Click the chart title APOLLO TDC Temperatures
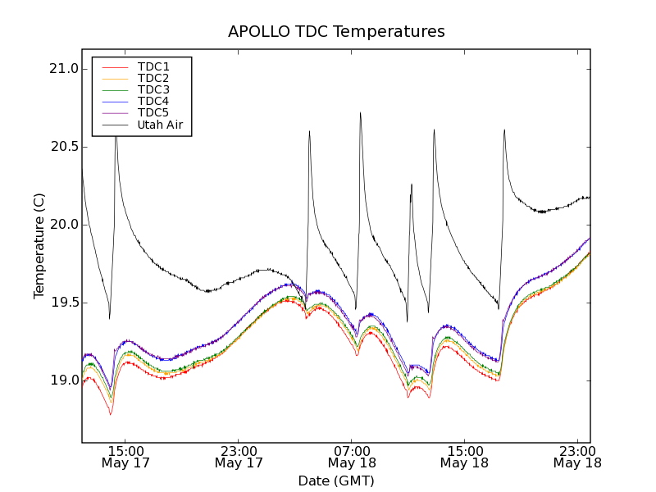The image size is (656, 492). pyautogui.click(x=336, y=32)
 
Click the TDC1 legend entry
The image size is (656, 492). pyautogui.click(x=153, y=66)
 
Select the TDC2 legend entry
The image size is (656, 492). pyautogui.click(x=153, y=78)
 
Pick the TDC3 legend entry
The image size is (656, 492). pyautogui.click(x=153, y=89)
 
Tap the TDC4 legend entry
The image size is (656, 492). pyautogui.click(x=153, y=102)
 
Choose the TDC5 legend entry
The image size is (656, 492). pyautogui.click(x=153, y=113)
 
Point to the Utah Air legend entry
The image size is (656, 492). pyautogui.click(x=160, y=125)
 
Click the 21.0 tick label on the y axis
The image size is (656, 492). pyautogui.click(x=63, y=69)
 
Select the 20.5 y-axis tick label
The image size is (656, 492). pyautogui.click(x=63, y=147)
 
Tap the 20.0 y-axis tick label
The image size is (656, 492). pyautogui.click(x=63, y=225)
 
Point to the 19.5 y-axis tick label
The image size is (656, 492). pyautogui.click(x=63, y=303)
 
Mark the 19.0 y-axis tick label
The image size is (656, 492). pyautogui.click(x=63, y=380)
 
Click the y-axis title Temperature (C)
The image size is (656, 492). pyautogui.click(x=39, y=246)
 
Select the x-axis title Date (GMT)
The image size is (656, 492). pyautogui.click(x=336, y=481)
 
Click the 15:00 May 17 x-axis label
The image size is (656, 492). pyautogui.click(x=125, y=457)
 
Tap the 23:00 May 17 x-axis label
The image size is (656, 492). pyautogui.click(x=239, y=457)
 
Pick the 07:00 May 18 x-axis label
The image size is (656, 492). pyautogui.click(x=351, y=457)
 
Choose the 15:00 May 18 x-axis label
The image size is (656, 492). pyautogui.click(x=464, y=457)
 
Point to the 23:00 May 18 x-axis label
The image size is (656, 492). pyautogui.click(x=576, y=457)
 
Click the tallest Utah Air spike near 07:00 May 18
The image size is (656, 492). pyautogui.click(x=360, y=113)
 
